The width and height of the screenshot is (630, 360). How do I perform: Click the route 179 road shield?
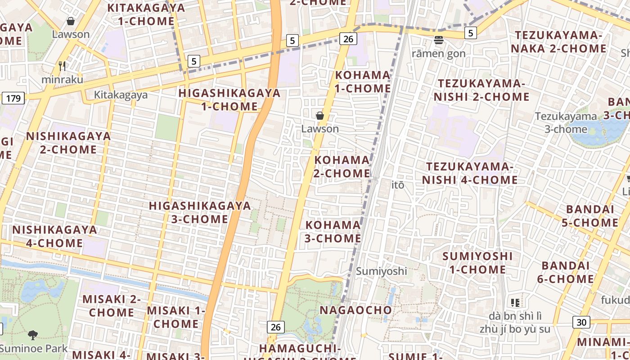click(x=13, y=98)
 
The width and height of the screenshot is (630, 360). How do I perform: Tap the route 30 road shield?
click(x=581, y=322)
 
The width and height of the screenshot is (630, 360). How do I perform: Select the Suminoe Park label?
click(x=33, y=348)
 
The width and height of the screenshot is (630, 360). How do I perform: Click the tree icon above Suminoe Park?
click(x=32, y=335)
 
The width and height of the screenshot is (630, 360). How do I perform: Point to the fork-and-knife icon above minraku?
click(x=62, y=66)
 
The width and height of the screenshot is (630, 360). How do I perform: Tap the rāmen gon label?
click(x=439, y=54)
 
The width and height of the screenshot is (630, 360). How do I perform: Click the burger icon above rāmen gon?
click(x=439, y=40)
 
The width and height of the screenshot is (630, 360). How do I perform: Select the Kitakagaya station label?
click(x=121, y=95)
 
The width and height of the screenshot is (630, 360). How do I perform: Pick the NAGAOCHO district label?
click(x=356, y=310)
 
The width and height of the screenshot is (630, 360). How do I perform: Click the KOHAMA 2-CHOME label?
click(x=342, y=166)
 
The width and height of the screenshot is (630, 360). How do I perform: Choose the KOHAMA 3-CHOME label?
click(x=333, y=231)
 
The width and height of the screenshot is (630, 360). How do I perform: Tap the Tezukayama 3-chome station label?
click(x=566, y=123)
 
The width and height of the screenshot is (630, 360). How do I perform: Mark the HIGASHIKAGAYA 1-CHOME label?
click(x=229, y=100)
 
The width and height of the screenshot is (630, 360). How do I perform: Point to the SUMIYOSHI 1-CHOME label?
click(x=477, y=263)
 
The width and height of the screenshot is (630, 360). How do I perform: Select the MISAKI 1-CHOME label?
click(x=176, y=317)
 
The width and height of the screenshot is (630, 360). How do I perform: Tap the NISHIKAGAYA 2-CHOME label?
click(x=68, y=142)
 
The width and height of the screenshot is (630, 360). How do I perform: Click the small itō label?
click(x=398, y=185)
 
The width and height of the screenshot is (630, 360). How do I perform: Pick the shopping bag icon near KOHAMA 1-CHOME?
click(x=320, y=116)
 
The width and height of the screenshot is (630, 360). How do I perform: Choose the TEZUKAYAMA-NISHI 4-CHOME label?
click(x=470, y=173)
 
